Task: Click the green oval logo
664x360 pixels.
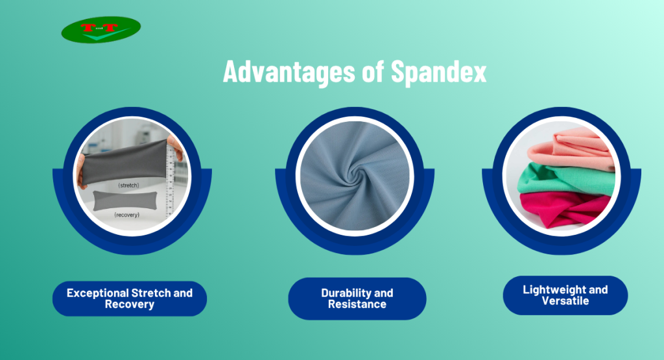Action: (101, 30)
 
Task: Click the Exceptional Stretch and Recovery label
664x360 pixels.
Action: (130, 298)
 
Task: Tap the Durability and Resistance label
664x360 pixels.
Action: (357, 298)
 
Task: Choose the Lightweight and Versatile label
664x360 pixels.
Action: (565, 295)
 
